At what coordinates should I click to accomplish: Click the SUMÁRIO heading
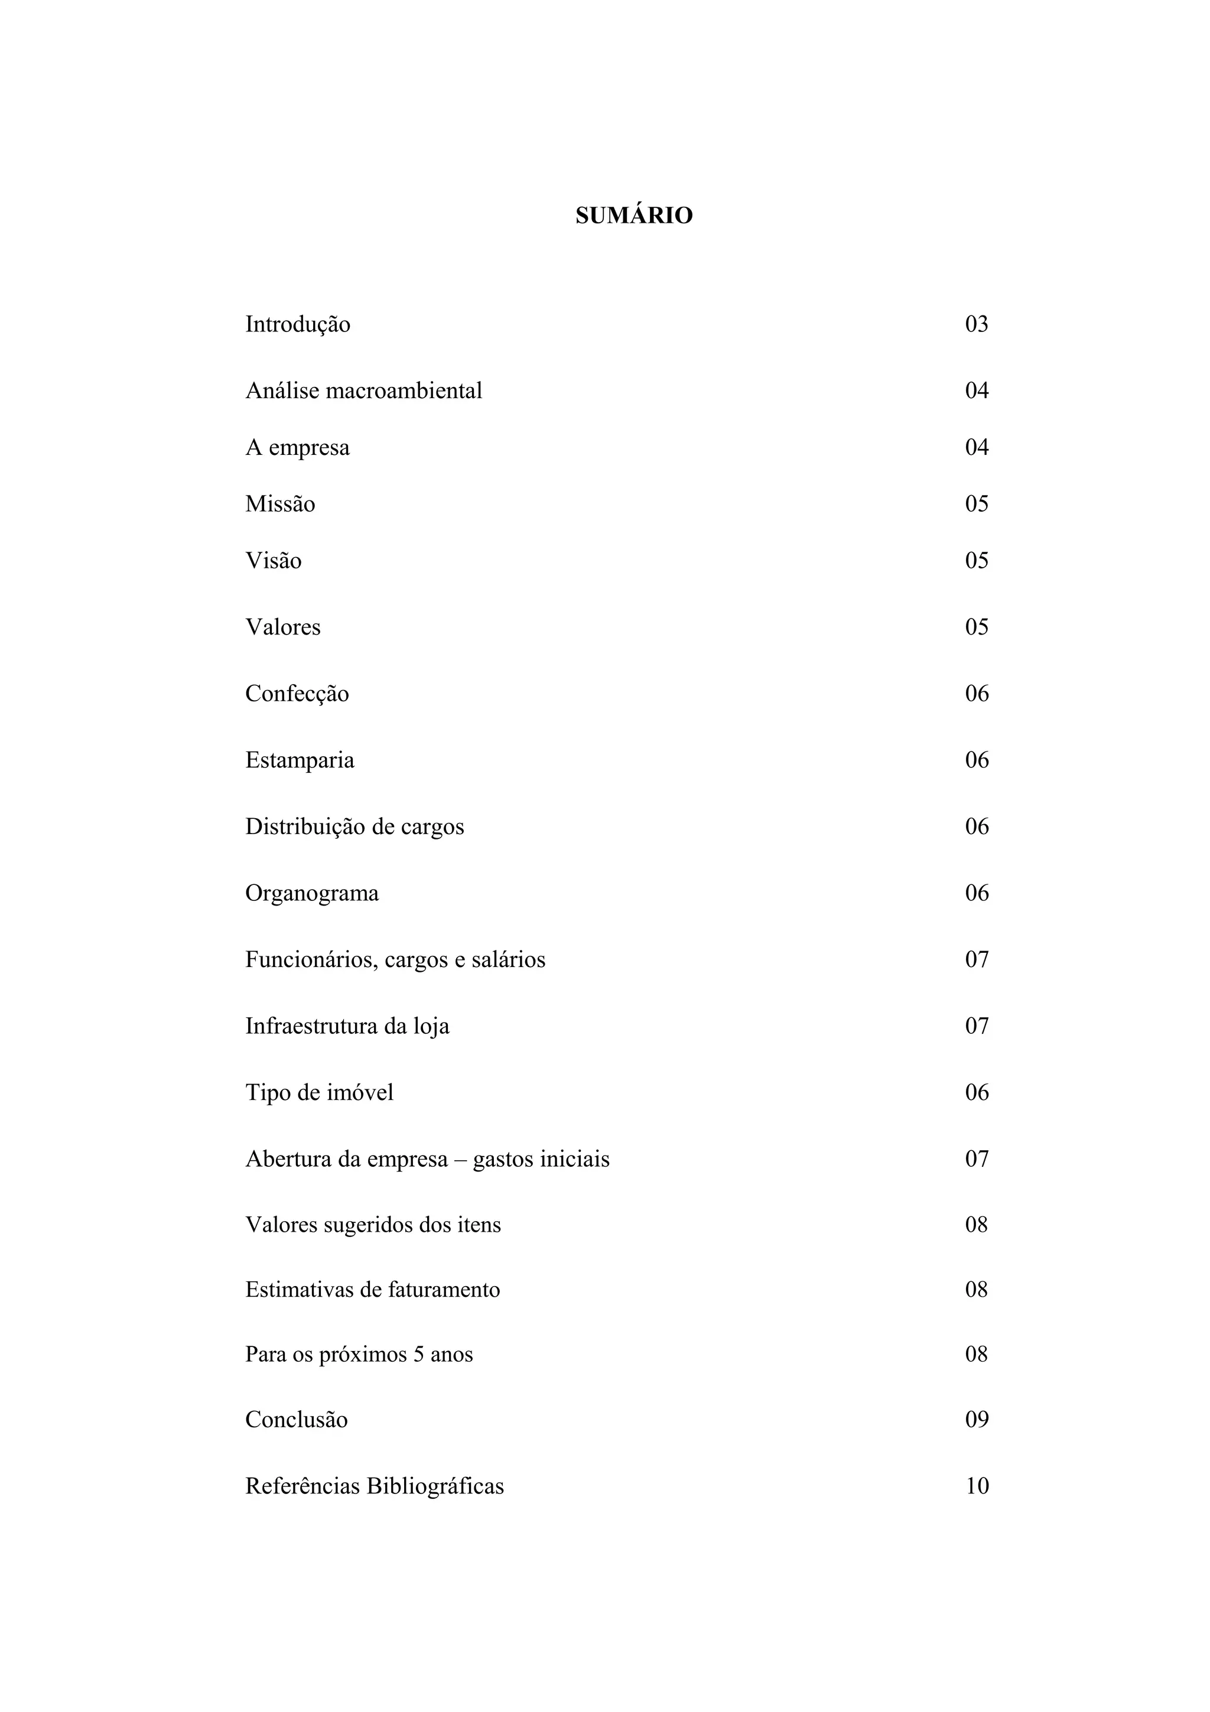tap(634, 216)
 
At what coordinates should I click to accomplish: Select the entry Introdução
tap(297, 324)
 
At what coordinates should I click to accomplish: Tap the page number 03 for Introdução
tap(977, 324)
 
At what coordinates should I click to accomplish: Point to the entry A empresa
tap(297, 447)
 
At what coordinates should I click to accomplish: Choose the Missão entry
tap(280, 504)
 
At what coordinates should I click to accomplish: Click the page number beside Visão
tap(977, 561)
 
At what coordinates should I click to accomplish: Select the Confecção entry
tap(297, 694)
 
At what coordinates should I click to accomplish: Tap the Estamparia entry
tap(300, 760)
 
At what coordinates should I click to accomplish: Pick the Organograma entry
tap(311, 893)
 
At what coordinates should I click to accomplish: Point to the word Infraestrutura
tap(311, 1026)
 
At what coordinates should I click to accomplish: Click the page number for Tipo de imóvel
tap(977, 1092)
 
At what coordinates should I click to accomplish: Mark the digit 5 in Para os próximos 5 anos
tap(418, 1355)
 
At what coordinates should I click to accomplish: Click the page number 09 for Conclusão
tap(977, 1419)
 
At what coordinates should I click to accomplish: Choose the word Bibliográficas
tap(435, 1486)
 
